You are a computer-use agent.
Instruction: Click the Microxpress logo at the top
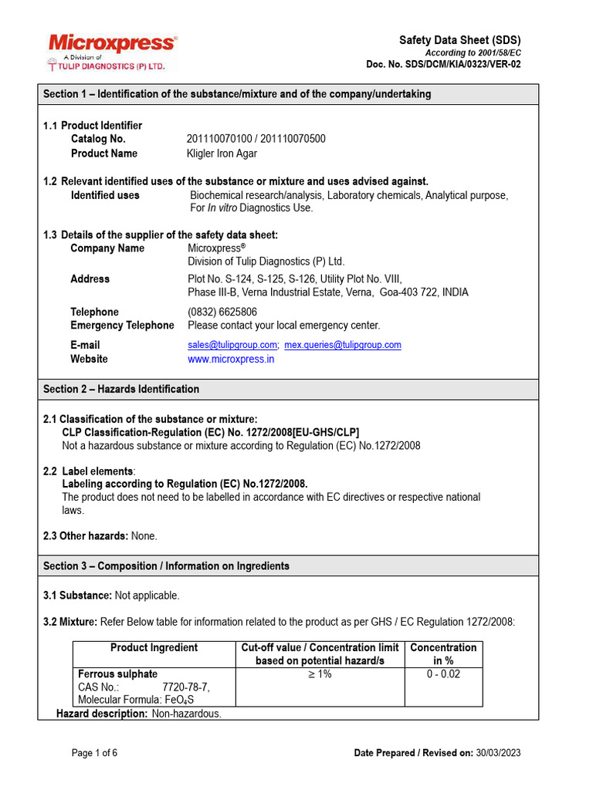[x=113, y=45]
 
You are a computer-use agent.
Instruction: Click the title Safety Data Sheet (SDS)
[x=459, y=40]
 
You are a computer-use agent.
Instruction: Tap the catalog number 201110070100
[x=221, y=139]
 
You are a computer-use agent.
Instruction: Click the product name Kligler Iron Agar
[x=222, y=154]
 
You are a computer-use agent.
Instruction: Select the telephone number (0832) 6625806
[x=222, y=312]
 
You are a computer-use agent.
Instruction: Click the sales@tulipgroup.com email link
[x=232, y=345]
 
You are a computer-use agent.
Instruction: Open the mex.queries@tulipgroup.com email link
[x=343, y=345]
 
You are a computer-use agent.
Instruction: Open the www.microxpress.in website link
[x=231, y=359]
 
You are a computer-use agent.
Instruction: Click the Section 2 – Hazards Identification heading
[x=121, y=389]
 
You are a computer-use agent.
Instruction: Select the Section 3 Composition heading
[x=166, y=565]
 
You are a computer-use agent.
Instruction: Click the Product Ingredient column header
[x=154, y=647]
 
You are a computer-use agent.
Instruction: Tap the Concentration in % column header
[x=443, y=654]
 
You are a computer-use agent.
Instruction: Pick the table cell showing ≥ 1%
[x=320, y=674]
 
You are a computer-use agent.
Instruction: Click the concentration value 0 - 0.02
[x=443, y=674]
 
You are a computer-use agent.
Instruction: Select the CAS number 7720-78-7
[x=185, y=687]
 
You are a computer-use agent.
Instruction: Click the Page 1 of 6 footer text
[x=94, y=753]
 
